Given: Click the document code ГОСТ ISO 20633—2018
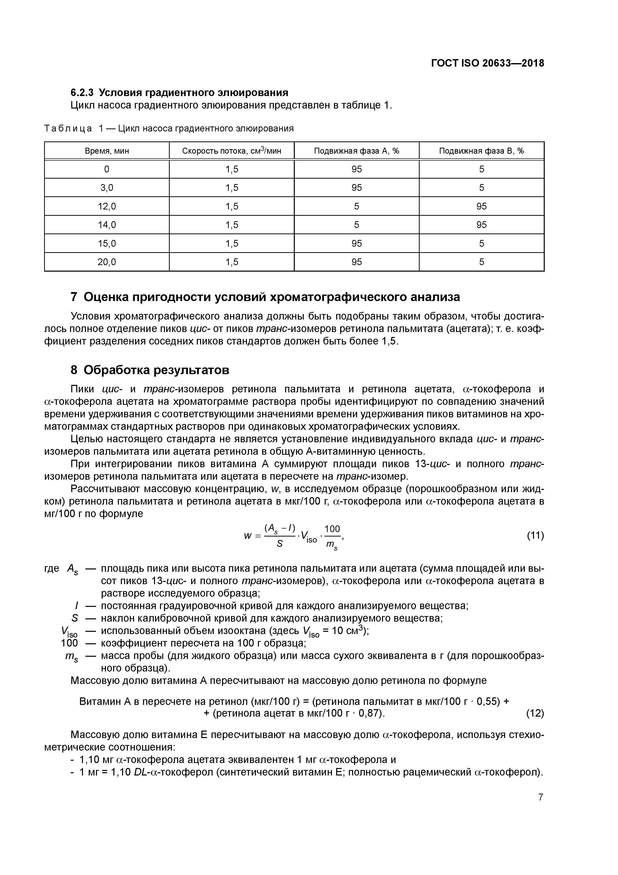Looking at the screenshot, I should (x=487, y=63).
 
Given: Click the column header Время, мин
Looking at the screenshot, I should (x=107, y=151).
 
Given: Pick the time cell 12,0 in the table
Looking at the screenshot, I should (x=107, y=206).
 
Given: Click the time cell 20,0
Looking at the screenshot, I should (x=107, y=262).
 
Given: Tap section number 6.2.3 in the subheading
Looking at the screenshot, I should (x=82, y=93).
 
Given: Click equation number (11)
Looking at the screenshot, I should (x=535, y=536).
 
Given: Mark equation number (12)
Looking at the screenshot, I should (x=535, y=713).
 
